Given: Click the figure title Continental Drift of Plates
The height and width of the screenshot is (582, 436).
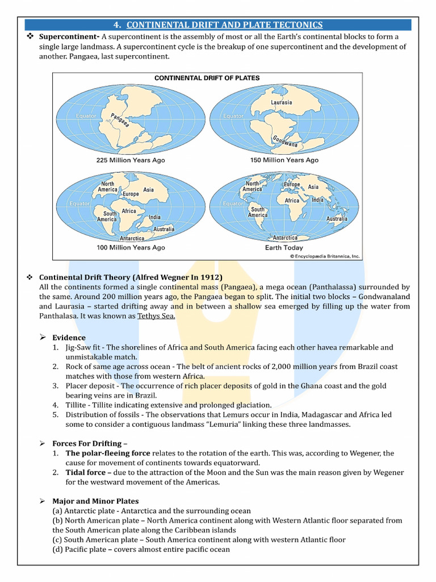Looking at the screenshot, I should click(x=207, y=78).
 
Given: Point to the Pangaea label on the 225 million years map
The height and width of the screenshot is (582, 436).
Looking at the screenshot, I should click(x=120, y=119).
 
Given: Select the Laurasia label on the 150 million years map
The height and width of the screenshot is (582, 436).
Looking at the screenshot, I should click(x=281, y=102).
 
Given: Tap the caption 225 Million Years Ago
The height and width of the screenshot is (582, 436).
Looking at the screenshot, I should click(x=131, y=160).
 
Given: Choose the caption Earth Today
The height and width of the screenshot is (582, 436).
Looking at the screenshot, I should click(x=284, y=248).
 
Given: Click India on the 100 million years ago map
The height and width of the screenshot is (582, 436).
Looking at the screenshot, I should click(x=154, y=217).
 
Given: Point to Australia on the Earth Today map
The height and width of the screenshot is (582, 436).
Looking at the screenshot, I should click(x=337, y=219).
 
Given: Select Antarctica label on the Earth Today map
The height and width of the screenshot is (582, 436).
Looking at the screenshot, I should click(x=285, y=238).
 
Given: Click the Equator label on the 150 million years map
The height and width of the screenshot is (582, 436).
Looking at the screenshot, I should click(x=233, y=116).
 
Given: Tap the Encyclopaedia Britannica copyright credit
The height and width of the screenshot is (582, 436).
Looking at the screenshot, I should click(x=325, y=256).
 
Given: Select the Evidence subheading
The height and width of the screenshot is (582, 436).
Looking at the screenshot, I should click(x=69, y=338).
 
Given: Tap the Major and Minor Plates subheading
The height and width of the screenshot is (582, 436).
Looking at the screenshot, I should click(x=95, y=501).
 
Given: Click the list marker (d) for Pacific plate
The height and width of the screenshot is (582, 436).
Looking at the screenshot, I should click(x=57, y=550).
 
